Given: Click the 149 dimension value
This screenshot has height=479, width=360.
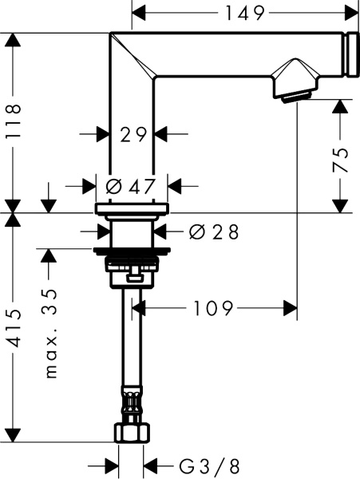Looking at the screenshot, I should [x=245, y=13].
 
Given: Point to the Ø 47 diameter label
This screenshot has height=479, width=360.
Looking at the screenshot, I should [x=130, y=186].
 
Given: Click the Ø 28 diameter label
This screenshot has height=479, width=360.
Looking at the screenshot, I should [x=215, y=232].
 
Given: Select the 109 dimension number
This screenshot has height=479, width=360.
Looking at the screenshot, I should [x=213, y=307].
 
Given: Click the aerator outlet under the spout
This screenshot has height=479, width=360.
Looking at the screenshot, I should [x=296, y=96].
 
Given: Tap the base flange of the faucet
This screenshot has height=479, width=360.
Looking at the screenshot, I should [x=133, y=209].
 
